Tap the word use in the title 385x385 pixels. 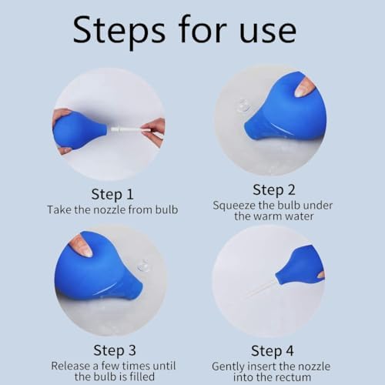pyautogui.click(x=268, y=32)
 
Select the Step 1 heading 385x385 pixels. pyautogui.click(x=112, y=194)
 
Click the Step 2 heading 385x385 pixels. pyautogui.click(x=274, y=190)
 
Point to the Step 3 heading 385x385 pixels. pyautogui.click(x=115, y=350)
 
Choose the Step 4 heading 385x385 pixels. pyautogui.click(x=273, y=351)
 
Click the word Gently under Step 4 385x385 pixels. pyautogui.click(x=228, y=367)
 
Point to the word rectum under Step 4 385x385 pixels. pyautogui.click(x=293, y=377)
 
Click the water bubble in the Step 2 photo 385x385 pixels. pyautogui.click(x=243, y=105)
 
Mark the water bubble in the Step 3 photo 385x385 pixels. pyautogui.click(x=143, y=266)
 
